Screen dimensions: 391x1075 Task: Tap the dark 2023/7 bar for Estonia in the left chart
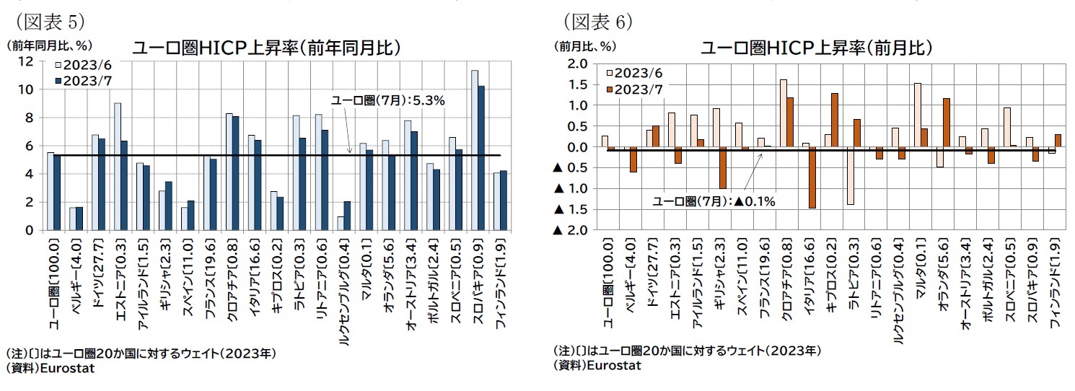(x=125, y=185)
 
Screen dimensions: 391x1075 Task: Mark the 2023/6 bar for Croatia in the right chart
(x=784, y=113)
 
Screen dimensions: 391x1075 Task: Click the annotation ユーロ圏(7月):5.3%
(x=387, y=101)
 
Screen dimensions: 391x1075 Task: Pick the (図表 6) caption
(x=597, y=22)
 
